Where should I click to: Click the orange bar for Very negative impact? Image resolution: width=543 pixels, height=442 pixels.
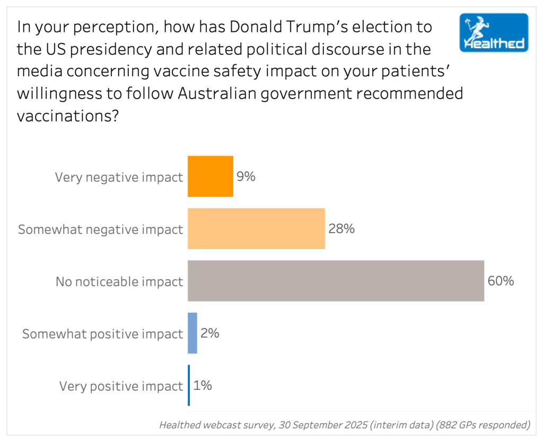click(211, 176)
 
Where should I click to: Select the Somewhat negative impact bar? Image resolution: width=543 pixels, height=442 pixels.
click(256, 228)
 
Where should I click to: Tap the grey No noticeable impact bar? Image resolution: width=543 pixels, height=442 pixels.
click(336, 281)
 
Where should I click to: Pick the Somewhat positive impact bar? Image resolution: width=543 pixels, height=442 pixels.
click(192, 333)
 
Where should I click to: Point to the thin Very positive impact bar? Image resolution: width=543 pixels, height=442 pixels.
click(189, 385)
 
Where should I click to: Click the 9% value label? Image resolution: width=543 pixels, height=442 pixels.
click(246, 176)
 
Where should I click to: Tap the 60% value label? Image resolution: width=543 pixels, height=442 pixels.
click(501, 281)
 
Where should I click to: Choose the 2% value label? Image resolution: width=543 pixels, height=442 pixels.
click(209, 333)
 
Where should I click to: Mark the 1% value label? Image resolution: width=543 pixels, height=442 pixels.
click(203, 385)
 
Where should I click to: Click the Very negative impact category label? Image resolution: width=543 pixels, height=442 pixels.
click(119, 177)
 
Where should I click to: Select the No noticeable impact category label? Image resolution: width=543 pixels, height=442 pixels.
click(119, 281)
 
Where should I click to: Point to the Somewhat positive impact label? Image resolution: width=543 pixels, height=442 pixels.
click(102, 334)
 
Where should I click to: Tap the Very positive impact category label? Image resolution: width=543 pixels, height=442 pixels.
click(121, 386)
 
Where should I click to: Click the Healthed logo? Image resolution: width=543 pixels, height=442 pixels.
click(494, 32)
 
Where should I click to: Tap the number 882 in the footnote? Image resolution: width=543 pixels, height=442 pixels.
click(445, 425)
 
